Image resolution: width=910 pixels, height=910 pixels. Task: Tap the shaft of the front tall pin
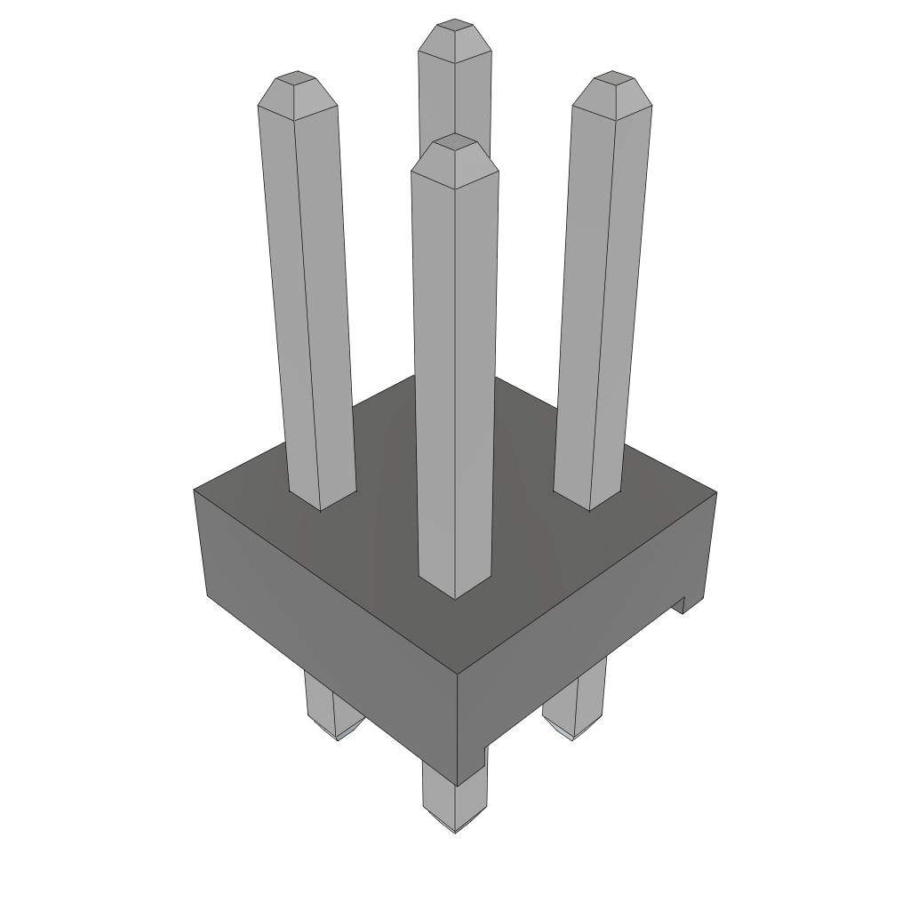coord(455,373)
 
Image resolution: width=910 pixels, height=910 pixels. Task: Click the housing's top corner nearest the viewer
coord(457,672)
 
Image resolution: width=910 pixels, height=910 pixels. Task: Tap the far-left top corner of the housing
coord(196,490)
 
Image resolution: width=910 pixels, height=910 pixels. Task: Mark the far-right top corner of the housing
coord(715,491)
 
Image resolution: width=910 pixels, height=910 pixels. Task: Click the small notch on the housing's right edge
coord(682,604)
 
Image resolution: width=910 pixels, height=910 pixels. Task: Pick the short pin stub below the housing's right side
coord(578,706)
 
